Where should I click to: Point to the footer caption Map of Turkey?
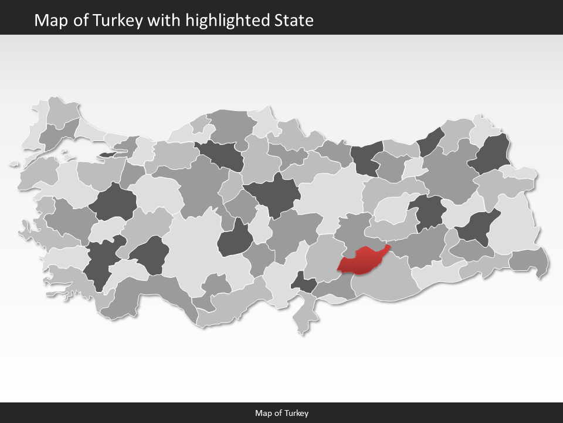281,413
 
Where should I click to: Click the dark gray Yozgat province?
273,194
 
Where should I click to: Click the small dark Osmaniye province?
305,283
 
